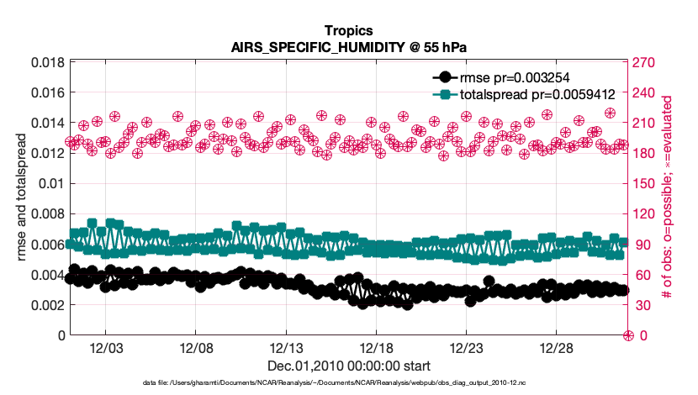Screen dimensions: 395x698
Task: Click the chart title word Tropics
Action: (349, 33)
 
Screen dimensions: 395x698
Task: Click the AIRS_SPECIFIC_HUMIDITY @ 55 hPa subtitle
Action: (349, 48)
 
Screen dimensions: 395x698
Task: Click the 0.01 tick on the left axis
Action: (53, 183)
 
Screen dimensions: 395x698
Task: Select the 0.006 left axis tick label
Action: (47, 245)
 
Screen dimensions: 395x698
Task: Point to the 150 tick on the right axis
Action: (646, 183)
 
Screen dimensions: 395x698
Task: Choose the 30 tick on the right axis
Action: (643, 305)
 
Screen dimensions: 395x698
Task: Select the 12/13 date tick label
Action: (286, 349)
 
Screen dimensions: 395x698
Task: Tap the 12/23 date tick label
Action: (466, 349)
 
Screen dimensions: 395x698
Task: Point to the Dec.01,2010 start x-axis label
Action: (349, 366)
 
